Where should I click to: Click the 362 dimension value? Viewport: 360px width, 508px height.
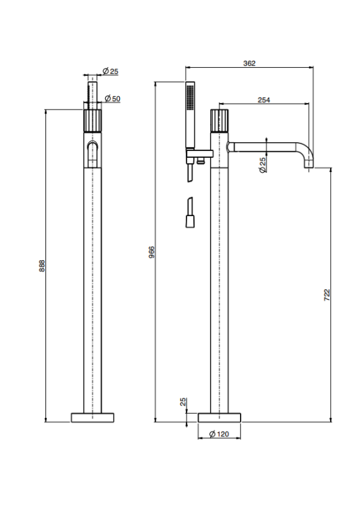(249, 63)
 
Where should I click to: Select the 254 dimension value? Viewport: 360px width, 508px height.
(264, 100)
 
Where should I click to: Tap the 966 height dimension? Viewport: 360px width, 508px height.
(151, 252)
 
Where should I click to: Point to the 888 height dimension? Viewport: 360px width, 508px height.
(42, 266)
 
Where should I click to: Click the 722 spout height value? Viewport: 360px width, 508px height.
(327, 295)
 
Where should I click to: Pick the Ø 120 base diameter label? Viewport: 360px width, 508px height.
(219, 433)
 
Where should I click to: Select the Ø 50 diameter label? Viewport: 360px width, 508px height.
(113, 98)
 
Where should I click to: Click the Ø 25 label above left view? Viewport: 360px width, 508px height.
(111, 71)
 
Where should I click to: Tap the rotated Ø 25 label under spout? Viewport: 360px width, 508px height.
(262, 165)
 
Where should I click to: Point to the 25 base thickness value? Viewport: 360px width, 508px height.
(183, 402)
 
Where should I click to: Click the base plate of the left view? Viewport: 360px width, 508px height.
(92, 418)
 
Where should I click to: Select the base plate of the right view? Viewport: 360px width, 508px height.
(219, 418)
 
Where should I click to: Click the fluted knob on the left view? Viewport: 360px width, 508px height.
(92, 121)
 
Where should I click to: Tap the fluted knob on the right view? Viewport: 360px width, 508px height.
(219, 121)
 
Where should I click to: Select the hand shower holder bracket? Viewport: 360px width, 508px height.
(199, 152)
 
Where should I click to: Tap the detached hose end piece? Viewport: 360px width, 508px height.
(190, 213)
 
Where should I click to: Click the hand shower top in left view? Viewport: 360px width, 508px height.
(92, 92)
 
